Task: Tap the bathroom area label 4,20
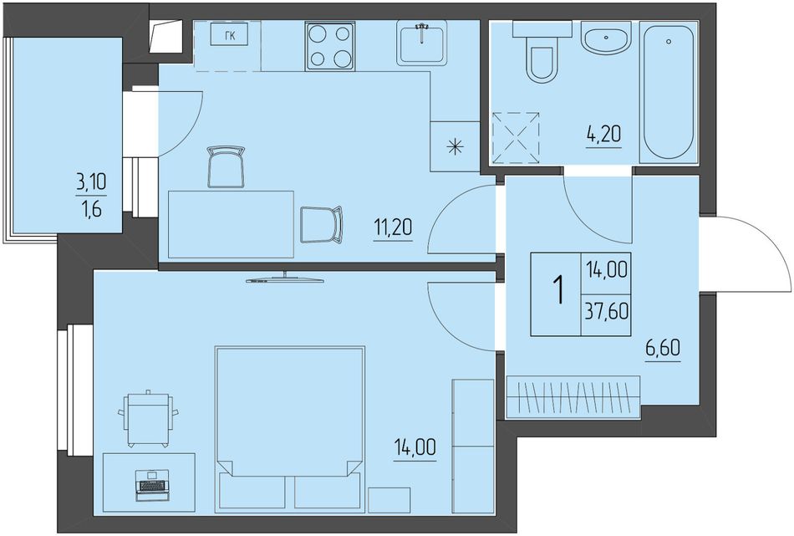pos(604,135)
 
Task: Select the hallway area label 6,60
pos(663,348)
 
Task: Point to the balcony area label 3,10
pos(92,181)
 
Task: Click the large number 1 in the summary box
pos(559,290)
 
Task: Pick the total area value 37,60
pos(607,311)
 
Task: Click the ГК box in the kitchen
pos(229,35)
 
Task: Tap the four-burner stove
pos(330,46)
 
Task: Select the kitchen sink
pos(422,43)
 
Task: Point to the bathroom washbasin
pos(606,38)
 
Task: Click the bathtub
pos(669,92)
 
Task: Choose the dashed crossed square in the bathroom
pos(517,137)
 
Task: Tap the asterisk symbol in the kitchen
pos(456,147)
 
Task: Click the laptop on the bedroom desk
pos(151,485)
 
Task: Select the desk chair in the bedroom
pos(148,418)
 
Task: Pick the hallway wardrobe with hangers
pos(573,397)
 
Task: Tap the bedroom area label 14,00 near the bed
pos(415,448)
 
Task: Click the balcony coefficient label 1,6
pos(92,208)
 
